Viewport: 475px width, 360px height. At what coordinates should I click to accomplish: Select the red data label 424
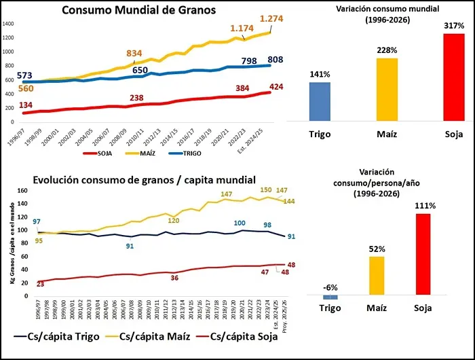(278, 86)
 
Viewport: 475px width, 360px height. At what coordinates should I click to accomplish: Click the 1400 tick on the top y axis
(8, 23)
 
